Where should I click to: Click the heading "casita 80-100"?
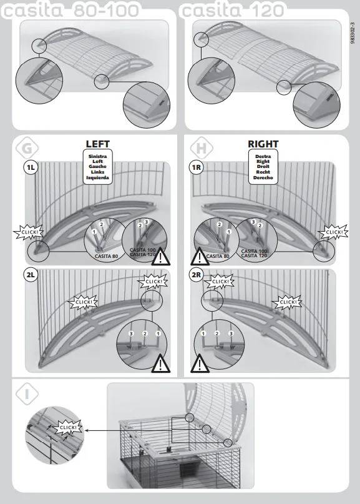coord(71,10)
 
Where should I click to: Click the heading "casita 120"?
coord(232,10)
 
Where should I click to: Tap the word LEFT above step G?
coord(97,144)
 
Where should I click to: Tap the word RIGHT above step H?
coord(263,144)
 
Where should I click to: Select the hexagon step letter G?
coord(27,148)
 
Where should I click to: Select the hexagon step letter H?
coord(201,148)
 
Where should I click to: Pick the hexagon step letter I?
coord(27,393)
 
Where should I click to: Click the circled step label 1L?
coord(31,167)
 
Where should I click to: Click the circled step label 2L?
coord(31,275)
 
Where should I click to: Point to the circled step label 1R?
coord(196,167)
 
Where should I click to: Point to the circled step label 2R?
coord(196,275)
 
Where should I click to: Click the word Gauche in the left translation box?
coord(97,167)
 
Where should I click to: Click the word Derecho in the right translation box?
coord(263,177)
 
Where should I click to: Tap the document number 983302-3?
coord(353,33)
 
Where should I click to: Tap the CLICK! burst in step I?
coord(68,428)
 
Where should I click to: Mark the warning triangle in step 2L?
coord(160,363)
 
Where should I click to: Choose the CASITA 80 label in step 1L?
coord(107,256)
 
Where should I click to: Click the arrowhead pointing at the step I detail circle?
coord(87,430)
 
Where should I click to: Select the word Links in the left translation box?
coord(97,172)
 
